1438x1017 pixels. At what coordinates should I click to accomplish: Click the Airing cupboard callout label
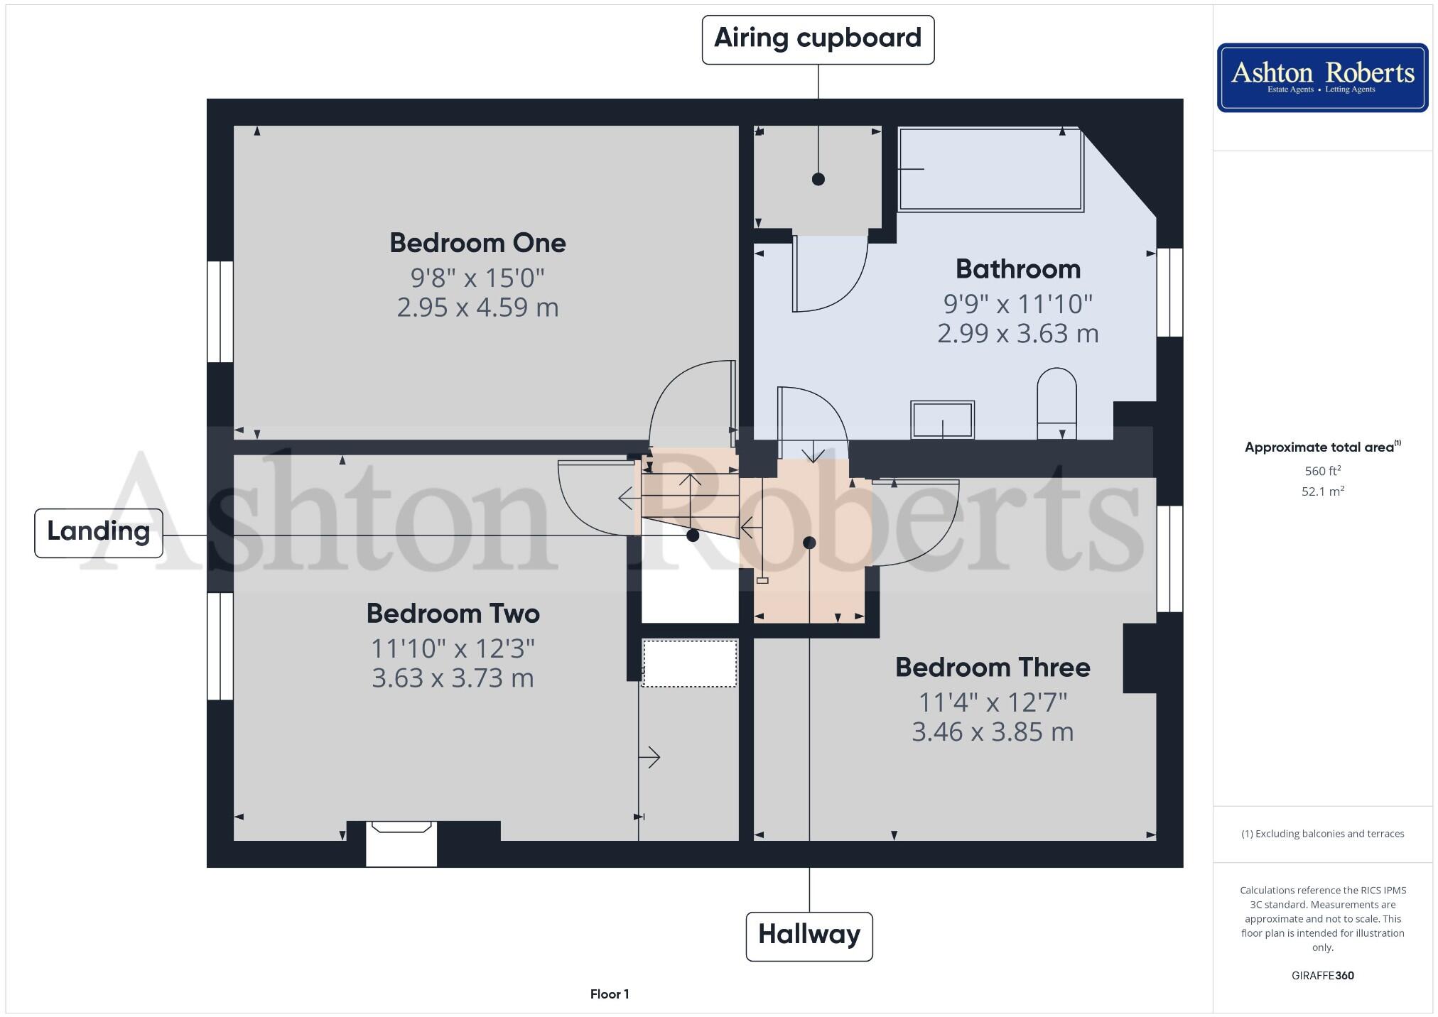click(818, 40)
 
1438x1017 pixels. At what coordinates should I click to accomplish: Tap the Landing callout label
click(99, 533)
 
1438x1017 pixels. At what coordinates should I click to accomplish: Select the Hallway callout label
click(809, 935)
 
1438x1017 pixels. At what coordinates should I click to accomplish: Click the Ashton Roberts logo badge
click(1322, 77)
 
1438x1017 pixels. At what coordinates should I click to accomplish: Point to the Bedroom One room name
click(477, 244)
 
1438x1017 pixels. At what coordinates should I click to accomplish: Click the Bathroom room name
click(1017, 270)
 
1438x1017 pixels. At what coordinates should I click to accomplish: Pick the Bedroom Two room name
click(453, 614)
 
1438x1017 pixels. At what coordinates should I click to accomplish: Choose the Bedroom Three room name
click(993, 668)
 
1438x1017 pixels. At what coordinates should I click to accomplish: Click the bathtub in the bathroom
click(991, 170)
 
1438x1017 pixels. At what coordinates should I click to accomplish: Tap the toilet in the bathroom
click(1056, 403)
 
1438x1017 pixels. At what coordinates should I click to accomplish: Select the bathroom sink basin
click(942, 420)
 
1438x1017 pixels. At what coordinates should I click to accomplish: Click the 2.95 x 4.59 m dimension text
click(477, 308)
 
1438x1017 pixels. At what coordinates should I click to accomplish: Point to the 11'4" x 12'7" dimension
click(993, 702)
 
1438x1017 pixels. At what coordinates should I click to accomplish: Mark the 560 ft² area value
click(1322, 471)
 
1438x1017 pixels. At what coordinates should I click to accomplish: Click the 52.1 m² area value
click(1322, 491)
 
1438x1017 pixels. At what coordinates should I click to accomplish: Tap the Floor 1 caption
click(610, 994)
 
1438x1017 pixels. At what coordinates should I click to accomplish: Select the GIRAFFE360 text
click(1322, 976)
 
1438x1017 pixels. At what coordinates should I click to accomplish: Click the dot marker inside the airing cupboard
click(818, 179)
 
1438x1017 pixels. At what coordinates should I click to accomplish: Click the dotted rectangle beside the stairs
click(689, 663)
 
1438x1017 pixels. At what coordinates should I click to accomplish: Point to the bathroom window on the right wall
click(1169, 292)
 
